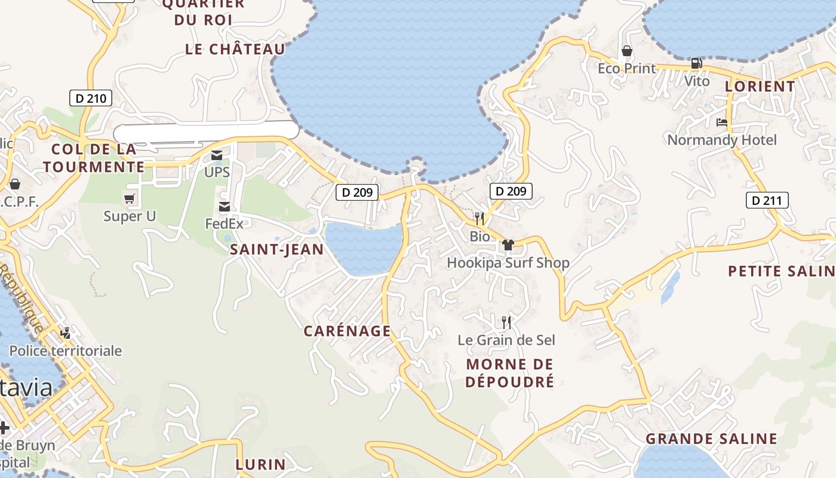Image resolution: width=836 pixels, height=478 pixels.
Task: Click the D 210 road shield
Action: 91,98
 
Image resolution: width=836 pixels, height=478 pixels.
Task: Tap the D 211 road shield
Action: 767,200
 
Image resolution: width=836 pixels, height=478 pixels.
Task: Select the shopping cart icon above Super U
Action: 129,198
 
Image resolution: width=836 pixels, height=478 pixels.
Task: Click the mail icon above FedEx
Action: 225,207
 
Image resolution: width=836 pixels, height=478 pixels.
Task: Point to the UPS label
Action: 217,172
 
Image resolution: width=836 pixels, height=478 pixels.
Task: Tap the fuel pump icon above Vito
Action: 696,63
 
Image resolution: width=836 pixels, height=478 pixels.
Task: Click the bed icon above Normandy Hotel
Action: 721,122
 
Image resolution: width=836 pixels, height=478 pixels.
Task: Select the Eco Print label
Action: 626,68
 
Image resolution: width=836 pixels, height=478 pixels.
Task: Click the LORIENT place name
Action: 760,87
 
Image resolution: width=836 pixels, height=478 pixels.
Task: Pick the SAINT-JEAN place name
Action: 277,250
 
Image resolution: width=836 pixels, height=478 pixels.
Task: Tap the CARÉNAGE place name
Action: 347,331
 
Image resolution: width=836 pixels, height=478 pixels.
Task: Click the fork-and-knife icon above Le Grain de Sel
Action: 506,323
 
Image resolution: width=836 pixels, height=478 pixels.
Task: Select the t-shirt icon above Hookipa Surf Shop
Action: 508,244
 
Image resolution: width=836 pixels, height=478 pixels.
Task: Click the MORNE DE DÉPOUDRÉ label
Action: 509,373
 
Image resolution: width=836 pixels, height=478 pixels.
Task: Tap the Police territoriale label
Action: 65,351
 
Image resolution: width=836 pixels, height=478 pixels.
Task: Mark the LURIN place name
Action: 260,464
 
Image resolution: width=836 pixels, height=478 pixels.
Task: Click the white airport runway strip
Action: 206,131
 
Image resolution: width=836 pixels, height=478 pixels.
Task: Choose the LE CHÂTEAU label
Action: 235,49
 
